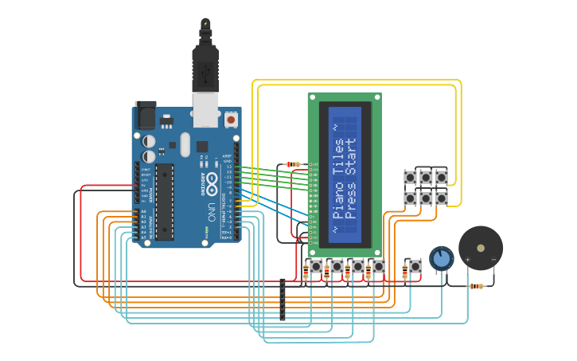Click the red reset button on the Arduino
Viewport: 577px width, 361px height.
point(231,120)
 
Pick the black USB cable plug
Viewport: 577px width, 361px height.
point(205,68)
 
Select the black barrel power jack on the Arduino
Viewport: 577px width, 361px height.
point(146,116)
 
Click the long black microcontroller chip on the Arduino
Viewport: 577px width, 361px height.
point(165,202)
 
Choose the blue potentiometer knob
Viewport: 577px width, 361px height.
point(442,258)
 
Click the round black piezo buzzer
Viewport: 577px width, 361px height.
point(481,249)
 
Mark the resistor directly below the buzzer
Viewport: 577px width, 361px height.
point(477,286)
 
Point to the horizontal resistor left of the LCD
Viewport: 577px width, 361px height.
point(293,164)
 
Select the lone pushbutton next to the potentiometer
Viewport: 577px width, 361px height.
point(415,266)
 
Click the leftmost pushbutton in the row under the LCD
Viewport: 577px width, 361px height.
point(316,266)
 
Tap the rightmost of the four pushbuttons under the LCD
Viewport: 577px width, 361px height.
point(378,266)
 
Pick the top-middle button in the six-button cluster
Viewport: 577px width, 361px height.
point(426,177)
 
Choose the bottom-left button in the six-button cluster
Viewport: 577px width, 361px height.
point(411,197)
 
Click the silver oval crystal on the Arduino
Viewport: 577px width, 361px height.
point(185,144)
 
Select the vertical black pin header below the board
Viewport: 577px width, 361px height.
point(282,300)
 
